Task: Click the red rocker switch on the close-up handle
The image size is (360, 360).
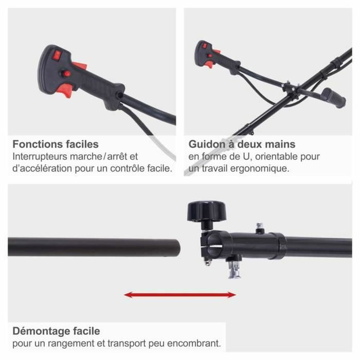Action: (x=57, y=55)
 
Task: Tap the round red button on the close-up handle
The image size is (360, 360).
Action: (x=66, y=74)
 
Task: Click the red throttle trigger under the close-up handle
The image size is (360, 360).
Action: (x=65, y=91)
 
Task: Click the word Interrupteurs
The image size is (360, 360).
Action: (x=40, y=156)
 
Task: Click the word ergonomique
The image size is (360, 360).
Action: (x=260, y=169)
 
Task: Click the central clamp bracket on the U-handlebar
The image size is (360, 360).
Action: (x=291, y=88)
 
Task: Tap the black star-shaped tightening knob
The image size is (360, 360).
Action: (x=206, y=211)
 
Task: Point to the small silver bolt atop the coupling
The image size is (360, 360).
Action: (x=260, y=227)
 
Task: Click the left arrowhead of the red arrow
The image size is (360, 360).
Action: (x=128, y=295)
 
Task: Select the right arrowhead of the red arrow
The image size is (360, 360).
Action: (x=231, y=295)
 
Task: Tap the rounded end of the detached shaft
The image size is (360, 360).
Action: (x=177, y=247)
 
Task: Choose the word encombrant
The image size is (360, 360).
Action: (x=194, y=344)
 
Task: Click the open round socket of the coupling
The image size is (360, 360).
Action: (x=214, y=243)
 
